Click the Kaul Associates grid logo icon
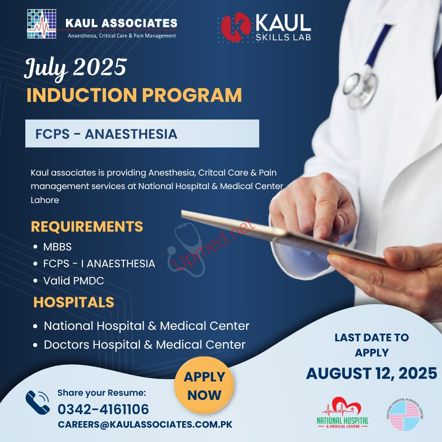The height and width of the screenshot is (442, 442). click(42, 24)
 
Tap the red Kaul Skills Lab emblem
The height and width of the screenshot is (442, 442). click(236, 27)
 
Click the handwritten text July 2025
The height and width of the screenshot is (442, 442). click(76, 68)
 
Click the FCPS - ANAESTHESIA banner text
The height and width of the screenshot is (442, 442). click(106, 134)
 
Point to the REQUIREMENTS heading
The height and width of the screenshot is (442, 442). click(87, 226)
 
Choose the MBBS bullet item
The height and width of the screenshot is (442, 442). click(58, 247)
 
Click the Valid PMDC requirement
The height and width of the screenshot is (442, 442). click(74, 281)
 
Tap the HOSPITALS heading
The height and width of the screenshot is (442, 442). click(74, 302)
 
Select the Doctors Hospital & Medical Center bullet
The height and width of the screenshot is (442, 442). click(144, 345)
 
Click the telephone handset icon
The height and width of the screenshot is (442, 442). click(38, 402)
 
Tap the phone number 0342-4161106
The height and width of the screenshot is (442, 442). click(103, 409)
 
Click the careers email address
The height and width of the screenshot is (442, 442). click(145, 424)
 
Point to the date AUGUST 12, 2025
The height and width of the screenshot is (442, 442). click(372, 374)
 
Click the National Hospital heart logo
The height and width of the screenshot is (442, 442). click(343, 413)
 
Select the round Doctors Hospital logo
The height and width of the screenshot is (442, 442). click(405, 414)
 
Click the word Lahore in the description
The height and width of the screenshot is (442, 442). click(45, 200)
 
